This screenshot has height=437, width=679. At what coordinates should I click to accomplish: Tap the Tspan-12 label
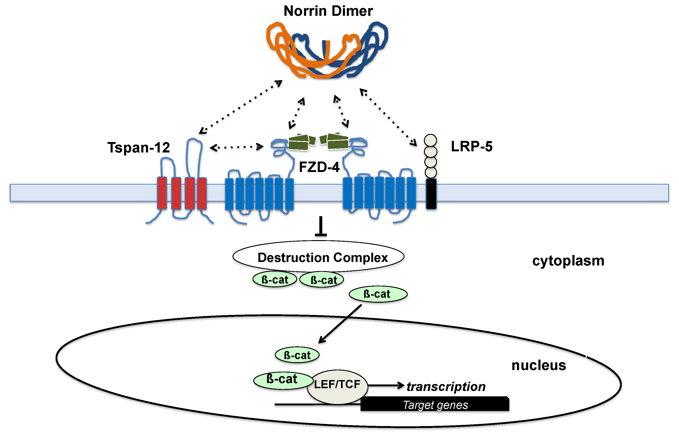pos(139,148)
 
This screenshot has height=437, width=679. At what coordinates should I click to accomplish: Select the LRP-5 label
pos(472,146)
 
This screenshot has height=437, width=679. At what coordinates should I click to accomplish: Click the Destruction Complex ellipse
pos(318,257)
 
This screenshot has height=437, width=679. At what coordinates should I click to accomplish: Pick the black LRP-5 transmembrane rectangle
pos(431,194)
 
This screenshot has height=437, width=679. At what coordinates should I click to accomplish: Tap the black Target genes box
pos(435,404)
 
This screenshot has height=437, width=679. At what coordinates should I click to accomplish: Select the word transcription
pos(446,387)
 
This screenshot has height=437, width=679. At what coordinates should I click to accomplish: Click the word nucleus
pos(539,365)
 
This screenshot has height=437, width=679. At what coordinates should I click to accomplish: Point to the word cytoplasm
pos(568,261)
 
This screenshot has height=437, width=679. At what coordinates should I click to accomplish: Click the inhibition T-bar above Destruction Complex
pos(321,227)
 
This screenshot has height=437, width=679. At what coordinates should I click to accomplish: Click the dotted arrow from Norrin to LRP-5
pos(388,117)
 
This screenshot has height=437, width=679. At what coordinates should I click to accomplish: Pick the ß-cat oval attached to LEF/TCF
pos(282,380)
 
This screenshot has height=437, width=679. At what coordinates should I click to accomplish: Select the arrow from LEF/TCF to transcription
pos(386,385)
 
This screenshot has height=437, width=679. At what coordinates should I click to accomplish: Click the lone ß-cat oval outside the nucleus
pos(378,294)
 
